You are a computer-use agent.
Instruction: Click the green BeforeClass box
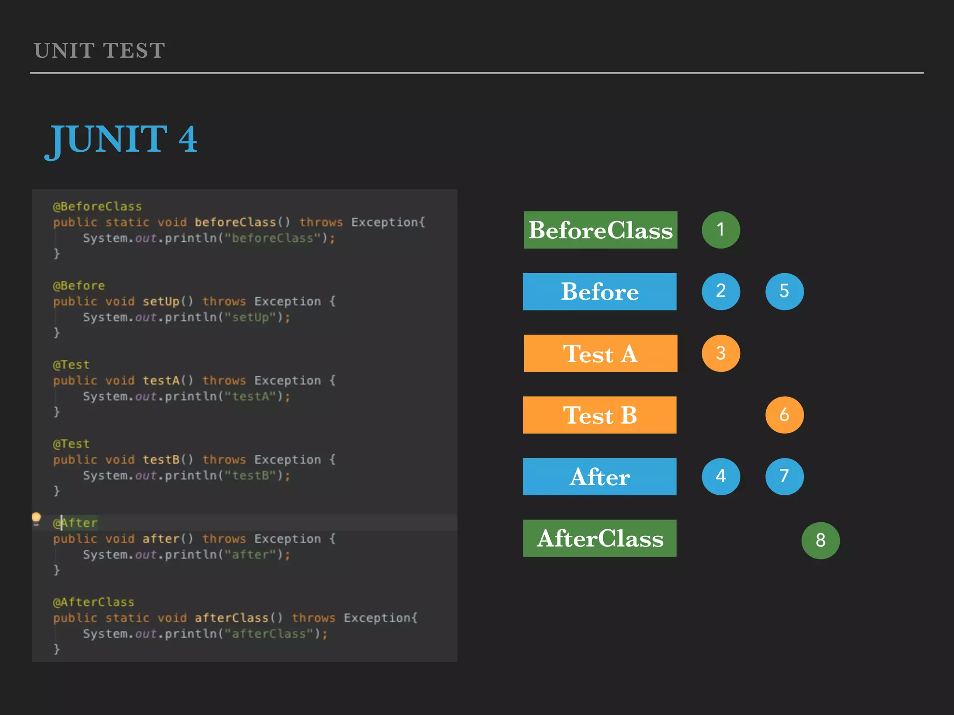(x=600, y=230)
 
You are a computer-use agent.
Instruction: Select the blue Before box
(x=600, y=291)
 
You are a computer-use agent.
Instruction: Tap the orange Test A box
(x=600, y=353)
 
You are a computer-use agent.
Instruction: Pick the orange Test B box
(x=600, y=415)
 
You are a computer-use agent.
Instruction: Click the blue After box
(x=600, y=477)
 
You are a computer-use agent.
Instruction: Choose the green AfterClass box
(x=600, y=539)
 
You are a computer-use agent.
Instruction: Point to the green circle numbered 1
(x=721, y=230)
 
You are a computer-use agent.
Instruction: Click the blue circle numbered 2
(x=721, y=291)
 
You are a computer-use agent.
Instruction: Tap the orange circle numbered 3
(x=721, y=353)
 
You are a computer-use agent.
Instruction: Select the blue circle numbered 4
(x=721, y=477)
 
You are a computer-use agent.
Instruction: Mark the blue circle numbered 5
(x=784, y=291)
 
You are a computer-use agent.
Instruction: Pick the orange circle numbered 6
(x=784, y=415)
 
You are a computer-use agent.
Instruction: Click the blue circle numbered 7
(x=784, y=477)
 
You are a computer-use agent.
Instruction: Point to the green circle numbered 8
(x=820, y=540)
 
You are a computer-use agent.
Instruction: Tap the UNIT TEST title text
(x=99, y=50)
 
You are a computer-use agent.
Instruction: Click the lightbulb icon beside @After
(x=36, y=518)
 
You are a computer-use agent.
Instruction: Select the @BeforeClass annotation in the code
(x=97, y=206)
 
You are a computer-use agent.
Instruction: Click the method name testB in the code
(x=161, y=459)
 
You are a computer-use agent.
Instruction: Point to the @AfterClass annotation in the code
(x=93, y=602)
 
